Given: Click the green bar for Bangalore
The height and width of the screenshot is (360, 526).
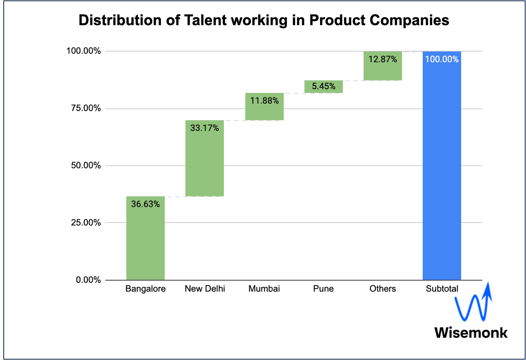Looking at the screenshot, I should (x=145, y=244).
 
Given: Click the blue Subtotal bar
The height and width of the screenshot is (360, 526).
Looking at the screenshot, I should (x=442, y=173).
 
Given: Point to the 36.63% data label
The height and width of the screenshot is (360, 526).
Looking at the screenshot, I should (x=145, y=204).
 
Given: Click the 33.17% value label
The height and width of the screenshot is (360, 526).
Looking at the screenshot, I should (x=205, y=128).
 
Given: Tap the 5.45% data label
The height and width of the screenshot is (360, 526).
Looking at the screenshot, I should (x=324, y=87).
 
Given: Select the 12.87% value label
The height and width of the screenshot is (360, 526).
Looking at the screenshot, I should (x=383, y=59).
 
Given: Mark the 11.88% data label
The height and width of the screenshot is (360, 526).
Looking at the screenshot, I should (x=264, y=100).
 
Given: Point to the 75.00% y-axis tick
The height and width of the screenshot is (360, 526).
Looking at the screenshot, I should (x=84, y=109).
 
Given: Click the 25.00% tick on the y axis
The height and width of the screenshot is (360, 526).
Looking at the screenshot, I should (x=84, y=223).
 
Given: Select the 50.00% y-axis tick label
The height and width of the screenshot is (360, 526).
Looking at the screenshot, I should (x=84, y=166).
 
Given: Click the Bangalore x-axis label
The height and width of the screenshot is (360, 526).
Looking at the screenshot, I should (x=145, y=289).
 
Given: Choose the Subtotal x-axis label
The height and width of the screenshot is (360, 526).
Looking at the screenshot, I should (x=442, y=289).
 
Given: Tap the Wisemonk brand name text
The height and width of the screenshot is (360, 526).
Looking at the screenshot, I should (x=471, y=332).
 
